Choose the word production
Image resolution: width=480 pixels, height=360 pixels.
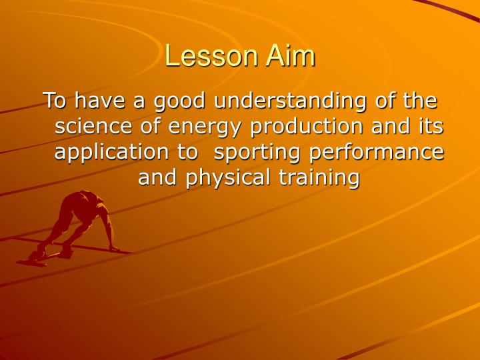click(301, 127)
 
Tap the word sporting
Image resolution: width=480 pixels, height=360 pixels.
click(256, 152)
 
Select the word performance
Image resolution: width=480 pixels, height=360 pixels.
click(377, 152)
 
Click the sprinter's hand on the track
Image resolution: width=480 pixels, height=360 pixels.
click(115, 249)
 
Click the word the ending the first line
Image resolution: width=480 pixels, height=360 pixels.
click(419, 101)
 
